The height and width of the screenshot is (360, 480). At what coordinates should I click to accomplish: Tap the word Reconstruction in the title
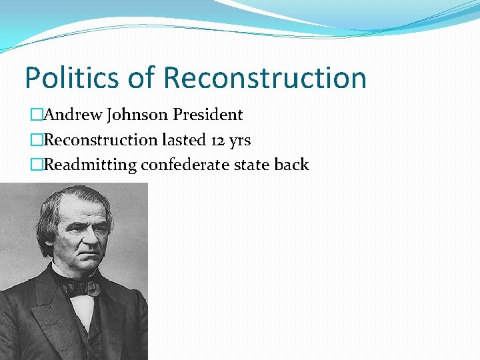pyautogui.click(x=265, y=77)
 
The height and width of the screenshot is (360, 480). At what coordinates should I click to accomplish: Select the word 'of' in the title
pyautogui.click(x=140, y=77)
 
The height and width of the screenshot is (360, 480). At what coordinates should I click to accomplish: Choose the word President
pyautogui.click(x=207, y=115)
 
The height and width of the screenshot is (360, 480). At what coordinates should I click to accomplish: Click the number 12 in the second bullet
pyautogui.click(x=213, y=140)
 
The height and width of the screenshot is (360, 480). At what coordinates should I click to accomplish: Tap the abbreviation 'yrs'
pyautogui.click(x=238, y=141)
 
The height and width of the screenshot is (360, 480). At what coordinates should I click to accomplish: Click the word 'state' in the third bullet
pyautogui.click(x=252, y=165)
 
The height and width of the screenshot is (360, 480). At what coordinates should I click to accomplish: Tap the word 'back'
pyautogui.click(x=291, y=165)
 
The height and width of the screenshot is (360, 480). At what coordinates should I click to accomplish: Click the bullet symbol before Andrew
pyautogui.click(x=36, y=115)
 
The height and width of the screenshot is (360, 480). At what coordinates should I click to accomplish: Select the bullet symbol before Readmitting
pyautogui.click(x=36, y=165)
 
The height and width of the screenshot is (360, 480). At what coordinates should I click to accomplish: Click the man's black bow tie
pyautogui.click(x=81, y=287)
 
